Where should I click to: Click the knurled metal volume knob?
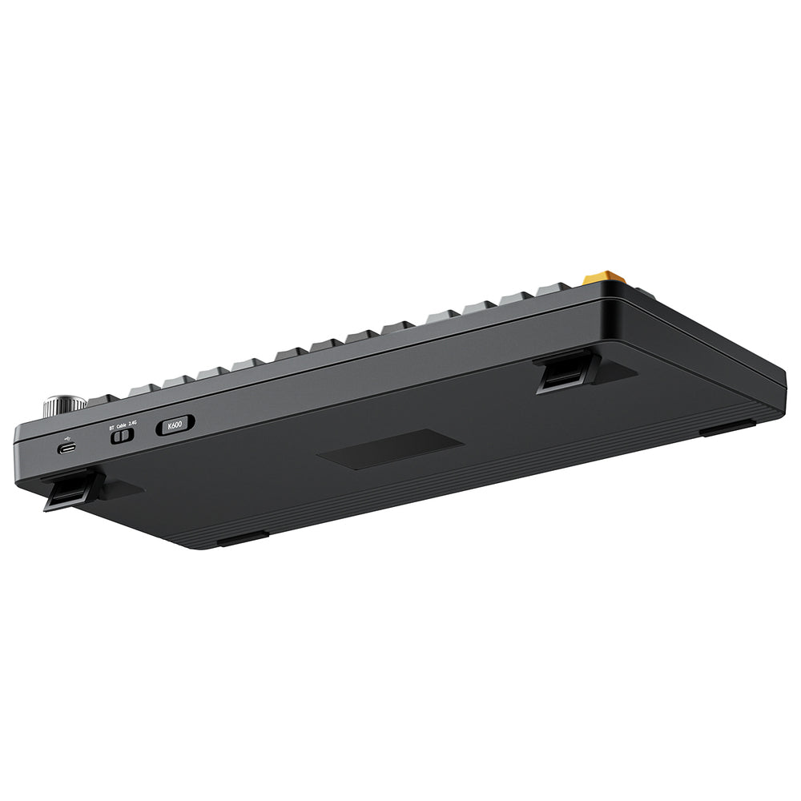tap(65, 404)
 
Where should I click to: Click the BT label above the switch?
tap(112, 428)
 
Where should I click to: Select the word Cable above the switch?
tap(122, 425)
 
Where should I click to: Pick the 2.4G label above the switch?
tap(133, 424)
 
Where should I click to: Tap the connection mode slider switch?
tap(123, 437)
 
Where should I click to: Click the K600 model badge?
tap(175, 425)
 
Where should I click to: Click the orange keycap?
tap(604, 278)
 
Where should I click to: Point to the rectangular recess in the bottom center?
tap(390, 449)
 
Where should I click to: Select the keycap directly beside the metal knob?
tap(103, 399)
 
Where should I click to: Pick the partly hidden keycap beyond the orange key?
tap(643, 294)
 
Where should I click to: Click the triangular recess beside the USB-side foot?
tap(120, 489)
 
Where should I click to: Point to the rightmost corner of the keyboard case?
tap(783, 383)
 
